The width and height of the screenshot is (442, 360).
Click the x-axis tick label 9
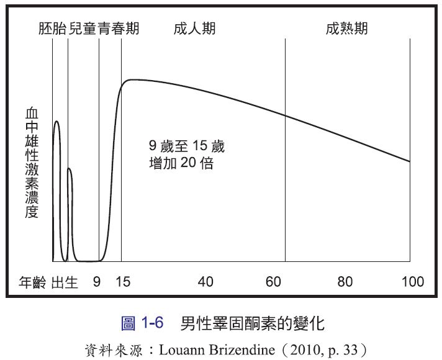pyautogui.click(x=96, y=282)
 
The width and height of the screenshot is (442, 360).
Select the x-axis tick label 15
pyautogui.click(x=123, y=282)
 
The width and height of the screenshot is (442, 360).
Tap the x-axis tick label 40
pyautogui.click(x=205, y=282)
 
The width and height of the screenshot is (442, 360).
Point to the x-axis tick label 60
pyautogui.click(x=274, y=282)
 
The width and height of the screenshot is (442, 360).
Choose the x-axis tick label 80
pyautogui.click(x=345, y=282)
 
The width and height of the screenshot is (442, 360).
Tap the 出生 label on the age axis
pyautogui.click(x=65, y=282)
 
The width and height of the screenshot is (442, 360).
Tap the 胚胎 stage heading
pyautogui.click(x=53, y=28)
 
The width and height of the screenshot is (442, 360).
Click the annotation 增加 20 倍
pyautogui.click(x=181, y=164)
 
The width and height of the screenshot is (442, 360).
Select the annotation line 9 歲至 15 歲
pyautogui.click(x=187, y=148)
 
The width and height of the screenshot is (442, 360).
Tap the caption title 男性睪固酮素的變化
pyautogui.click(x=253, y=323)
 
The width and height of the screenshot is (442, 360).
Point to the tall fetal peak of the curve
pyautogui.click(x=56, y=122)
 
